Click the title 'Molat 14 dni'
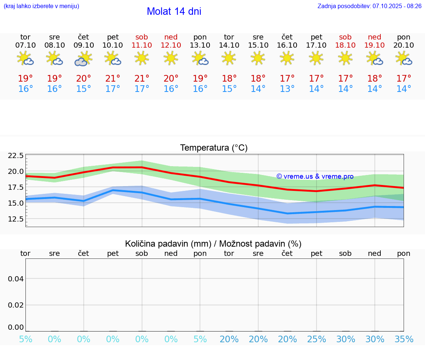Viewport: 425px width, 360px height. click(174, 11)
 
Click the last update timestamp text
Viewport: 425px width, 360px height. click(369, 6)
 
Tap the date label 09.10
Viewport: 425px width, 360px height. click(84, 45)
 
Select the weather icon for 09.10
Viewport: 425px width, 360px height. click(84, 59)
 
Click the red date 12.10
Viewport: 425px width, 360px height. click(171, 45)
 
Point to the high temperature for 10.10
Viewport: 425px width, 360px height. click(113, 79)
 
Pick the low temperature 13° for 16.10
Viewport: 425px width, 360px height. click(287, 89)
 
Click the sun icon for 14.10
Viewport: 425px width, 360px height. click(229, 58)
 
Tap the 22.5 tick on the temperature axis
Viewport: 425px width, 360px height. click(16, 155)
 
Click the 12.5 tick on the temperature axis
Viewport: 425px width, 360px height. click(16, 219)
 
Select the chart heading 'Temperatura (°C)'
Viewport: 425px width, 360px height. click(214, 148)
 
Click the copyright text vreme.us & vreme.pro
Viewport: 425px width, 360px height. click(315, 176)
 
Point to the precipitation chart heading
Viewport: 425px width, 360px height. click(213, 244)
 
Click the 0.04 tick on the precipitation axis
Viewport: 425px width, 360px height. click(16, 279)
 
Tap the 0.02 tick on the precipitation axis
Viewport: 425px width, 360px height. click(16, 305)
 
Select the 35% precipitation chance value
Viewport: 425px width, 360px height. click(404, 339)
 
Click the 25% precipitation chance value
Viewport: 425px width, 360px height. click(316, 339)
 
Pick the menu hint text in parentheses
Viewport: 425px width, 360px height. click(41, 6)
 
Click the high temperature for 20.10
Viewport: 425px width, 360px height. click(404, 79)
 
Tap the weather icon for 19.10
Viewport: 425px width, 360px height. click(374, 59)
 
